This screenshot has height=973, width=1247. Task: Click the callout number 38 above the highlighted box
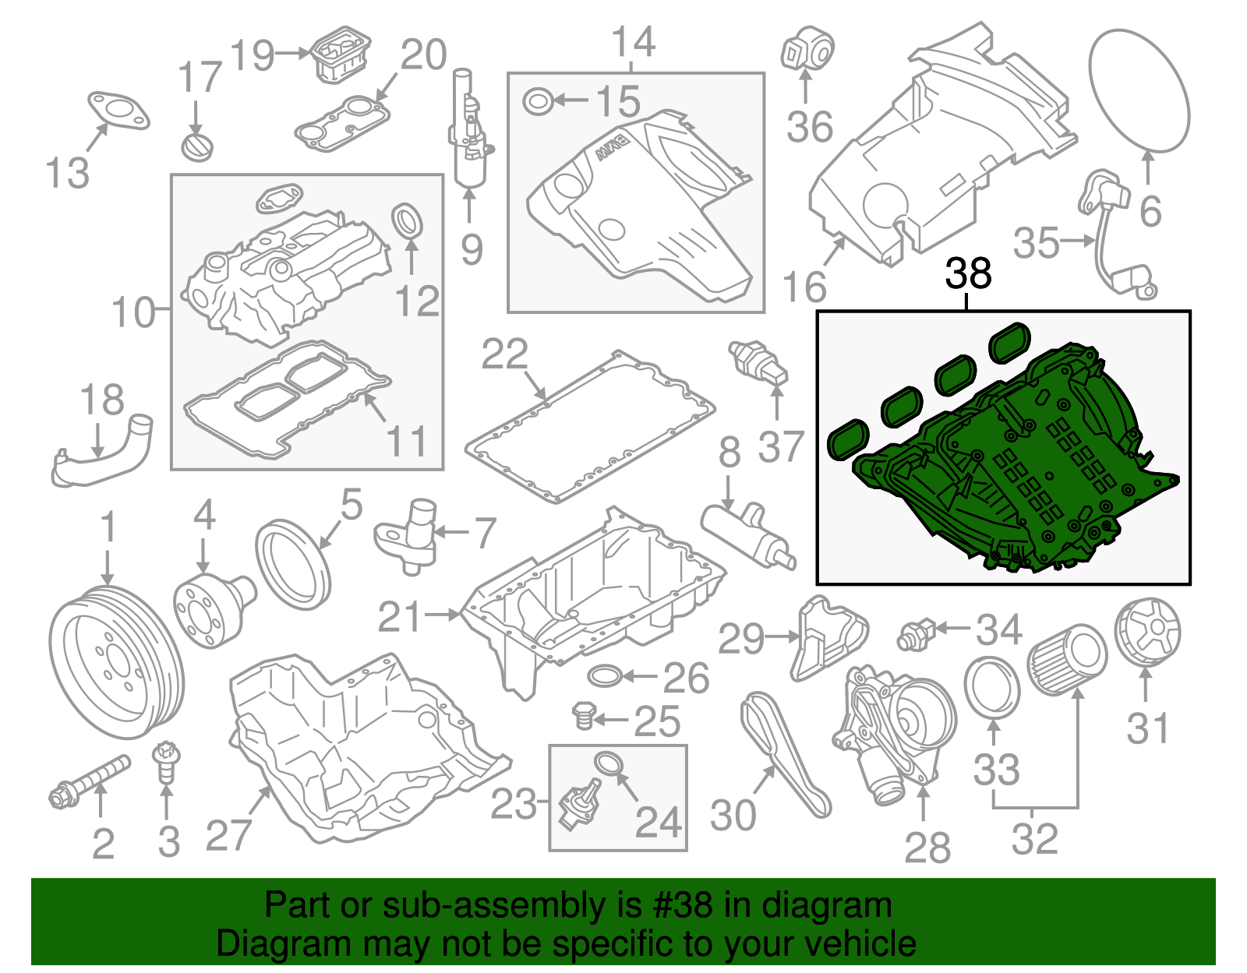pos(968,274)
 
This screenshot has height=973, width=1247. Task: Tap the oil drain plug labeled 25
pos(584,716)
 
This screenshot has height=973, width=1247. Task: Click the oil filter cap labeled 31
pos(1147,632)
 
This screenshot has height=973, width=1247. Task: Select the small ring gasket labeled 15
pos(538,101)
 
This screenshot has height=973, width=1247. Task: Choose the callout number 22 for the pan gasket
pos(504,355)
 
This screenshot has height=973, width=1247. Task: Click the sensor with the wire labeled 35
pos(1116,234)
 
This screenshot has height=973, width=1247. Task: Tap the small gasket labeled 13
pos(117,111)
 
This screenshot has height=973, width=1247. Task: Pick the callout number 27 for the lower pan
pos(228,836)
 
